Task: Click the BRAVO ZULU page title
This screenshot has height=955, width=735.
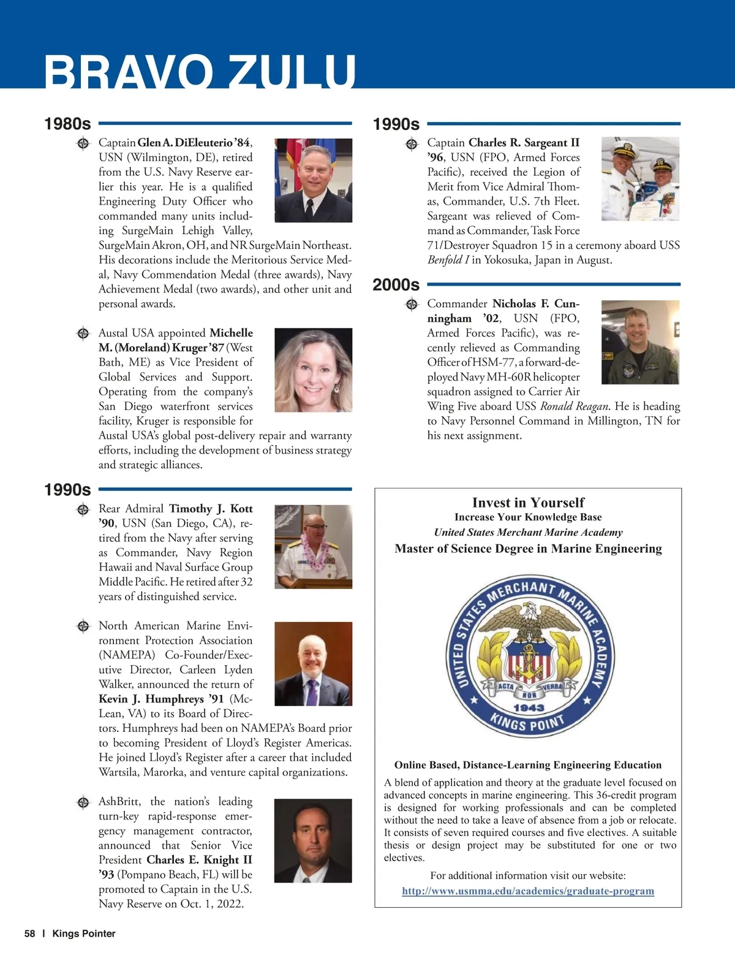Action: (200, 72)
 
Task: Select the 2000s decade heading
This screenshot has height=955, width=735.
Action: (396, 285)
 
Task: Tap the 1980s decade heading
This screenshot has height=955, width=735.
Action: (67, 124)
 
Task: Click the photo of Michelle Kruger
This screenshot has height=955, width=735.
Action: (313, 370)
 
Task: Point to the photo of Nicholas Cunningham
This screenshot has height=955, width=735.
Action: (640, 342)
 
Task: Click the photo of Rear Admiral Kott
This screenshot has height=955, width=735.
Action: (313, 547)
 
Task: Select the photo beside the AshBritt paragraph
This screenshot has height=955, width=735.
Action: (313, 840)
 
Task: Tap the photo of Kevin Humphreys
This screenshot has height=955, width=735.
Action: (313, 664)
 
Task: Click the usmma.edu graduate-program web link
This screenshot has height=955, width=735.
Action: (528, 891)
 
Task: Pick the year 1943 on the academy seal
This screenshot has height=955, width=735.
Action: (529, 708)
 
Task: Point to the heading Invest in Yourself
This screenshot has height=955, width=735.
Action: (528, 503)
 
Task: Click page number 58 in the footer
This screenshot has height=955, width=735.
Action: (29, 934)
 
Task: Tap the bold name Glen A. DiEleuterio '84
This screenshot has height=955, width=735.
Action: (194, 143)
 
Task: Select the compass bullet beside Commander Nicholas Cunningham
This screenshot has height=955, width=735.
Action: (412, 304)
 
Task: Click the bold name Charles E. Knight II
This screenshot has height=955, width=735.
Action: (199, 860)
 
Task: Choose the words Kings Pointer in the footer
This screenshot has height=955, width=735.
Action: (84, 934)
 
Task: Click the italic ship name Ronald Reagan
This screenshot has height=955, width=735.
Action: (574, 406)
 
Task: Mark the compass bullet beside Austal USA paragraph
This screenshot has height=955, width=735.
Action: (83, 333)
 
